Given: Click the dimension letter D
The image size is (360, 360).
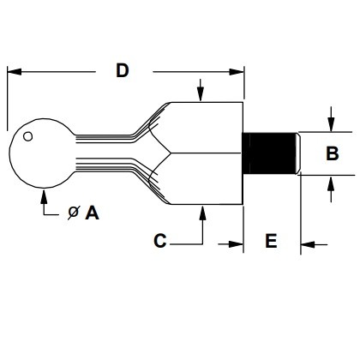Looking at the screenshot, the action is [123, 71].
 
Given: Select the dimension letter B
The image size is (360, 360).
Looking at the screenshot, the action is [333, 153].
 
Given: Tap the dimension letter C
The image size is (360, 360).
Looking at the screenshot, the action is [160, 241].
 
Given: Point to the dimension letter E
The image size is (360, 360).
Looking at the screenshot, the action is [271, 241].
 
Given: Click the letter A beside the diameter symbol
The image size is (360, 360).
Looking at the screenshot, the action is [92, 213].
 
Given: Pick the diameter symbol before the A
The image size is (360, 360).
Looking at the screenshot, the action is [73, 213].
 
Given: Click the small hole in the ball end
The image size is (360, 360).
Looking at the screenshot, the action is [27, 136].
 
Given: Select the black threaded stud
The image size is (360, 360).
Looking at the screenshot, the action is [268, 153].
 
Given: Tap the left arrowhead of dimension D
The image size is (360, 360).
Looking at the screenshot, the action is [15, 72].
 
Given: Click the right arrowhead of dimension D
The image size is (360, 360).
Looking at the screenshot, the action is [237, 72].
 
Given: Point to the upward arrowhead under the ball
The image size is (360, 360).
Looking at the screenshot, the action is [44, 196].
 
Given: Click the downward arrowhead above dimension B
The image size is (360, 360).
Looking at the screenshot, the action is [331, 124].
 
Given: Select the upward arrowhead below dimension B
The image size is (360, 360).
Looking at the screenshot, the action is [331, 183].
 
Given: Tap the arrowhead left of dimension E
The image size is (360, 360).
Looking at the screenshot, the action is [236, 244].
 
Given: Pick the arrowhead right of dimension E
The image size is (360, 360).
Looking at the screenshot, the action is [308, 244].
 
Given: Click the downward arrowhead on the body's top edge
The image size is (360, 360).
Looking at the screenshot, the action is [201, 94].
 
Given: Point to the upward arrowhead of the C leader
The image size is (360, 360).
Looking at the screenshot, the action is [202, 213].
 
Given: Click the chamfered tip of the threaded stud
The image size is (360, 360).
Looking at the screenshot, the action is [298, 153].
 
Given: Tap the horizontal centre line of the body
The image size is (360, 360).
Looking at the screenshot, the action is [206, 153].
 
